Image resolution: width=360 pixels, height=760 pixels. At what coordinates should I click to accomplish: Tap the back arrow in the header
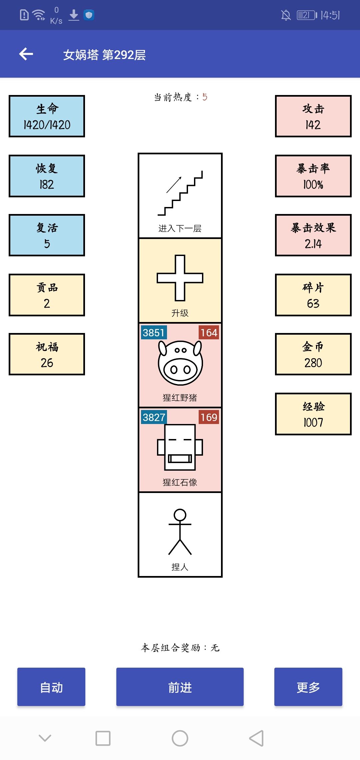[26, 54]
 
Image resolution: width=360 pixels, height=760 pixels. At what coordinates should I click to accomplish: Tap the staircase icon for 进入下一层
[180, 193]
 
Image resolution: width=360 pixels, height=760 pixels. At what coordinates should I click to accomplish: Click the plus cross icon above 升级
[180, 278]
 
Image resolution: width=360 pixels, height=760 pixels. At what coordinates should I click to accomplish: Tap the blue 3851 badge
[154, 333]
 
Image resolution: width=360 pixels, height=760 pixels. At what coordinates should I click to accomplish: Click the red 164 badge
[209, 333]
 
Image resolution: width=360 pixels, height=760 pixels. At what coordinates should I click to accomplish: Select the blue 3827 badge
[154, 417]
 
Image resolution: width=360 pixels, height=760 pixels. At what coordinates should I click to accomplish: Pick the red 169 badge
[209, 417]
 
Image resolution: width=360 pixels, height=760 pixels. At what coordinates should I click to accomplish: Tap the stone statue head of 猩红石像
[180, 447]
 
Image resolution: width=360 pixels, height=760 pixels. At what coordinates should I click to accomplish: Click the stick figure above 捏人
[180, 532]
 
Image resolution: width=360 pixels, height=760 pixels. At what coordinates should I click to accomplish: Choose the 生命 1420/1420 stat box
[47, 116]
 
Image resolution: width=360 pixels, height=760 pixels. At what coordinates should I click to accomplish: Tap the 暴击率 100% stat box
[313, 176]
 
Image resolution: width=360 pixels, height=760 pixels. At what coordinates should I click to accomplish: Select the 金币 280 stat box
[313, 354]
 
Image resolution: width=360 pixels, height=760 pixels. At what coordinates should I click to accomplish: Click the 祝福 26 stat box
[47, 354]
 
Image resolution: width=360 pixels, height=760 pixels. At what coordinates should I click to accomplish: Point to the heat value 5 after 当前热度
[205, 97]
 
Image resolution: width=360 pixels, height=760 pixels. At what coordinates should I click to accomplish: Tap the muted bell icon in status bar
[286, 15]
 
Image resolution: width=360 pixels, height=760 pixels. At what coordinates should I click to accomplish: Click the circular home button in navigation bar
[180, 738]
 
